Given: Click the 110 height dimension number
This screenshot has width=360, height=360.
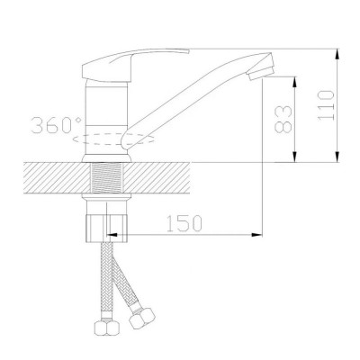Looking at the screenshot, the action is tap(326, 105).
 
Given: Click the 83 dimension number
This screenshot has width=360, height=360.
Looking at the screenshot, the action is tap(283, 119).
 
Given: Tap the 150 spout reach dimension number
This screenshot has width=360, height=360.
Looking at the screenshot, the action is tap(184, 223).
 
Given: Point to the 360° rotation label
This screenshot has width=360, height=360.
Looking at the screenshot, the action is tap(57, 125).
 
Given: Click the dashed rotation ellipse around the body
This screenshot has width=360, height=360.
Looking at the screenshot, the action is tap(113, 139).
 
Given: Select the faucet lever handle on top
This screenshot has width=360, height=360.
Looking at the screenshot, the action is tap(135, 65).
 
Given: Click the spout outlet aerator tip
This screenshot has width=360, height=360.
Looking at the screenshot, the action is tap(260, 68).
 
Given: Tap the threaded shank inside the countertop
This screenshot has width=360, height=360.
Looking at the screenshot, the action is tap(106, 177).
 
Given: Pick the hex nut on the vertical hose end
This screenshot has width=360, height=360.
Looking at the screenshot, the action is tap(106, 328).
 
